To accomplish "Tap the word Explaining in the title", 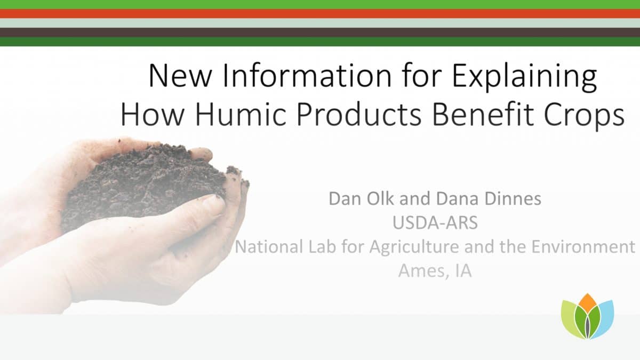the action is pos(524,77).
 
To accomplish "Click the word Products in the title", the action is pos(359,114).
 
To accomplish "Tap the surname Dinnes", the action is pos(513,198).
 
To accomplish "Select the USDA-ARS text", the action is pos(435,223).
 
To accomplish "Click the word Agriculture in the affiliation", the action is pos(414,247).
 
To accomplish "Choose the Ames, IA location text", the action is pos(435,271).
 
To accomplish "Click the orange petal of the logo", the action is pos(587,303).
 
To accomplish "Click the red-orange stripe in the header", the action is pos(320,14).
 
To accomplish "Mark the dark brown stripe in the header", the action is pos(320,33).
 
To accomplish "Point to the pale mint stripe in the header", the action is pos(320,23).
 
